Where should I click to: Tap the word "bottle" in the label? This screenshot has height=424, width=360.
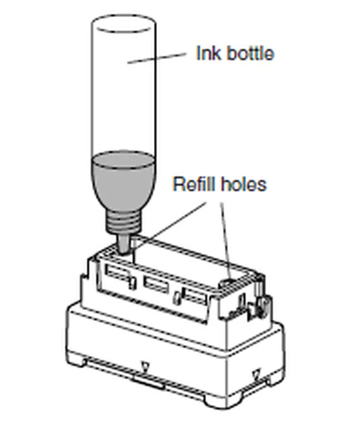coord(250,53)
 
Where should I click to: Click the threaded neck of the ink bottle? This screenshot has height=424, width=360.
coord(123,222)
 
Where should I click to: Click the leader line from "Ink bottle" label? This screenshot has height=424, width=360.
coord(157,58)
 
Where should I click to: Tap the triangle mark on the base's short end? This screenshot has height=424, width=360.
coord(255,374)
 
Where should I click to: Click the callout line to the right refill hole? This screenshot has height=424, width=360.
coord(226,241)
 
